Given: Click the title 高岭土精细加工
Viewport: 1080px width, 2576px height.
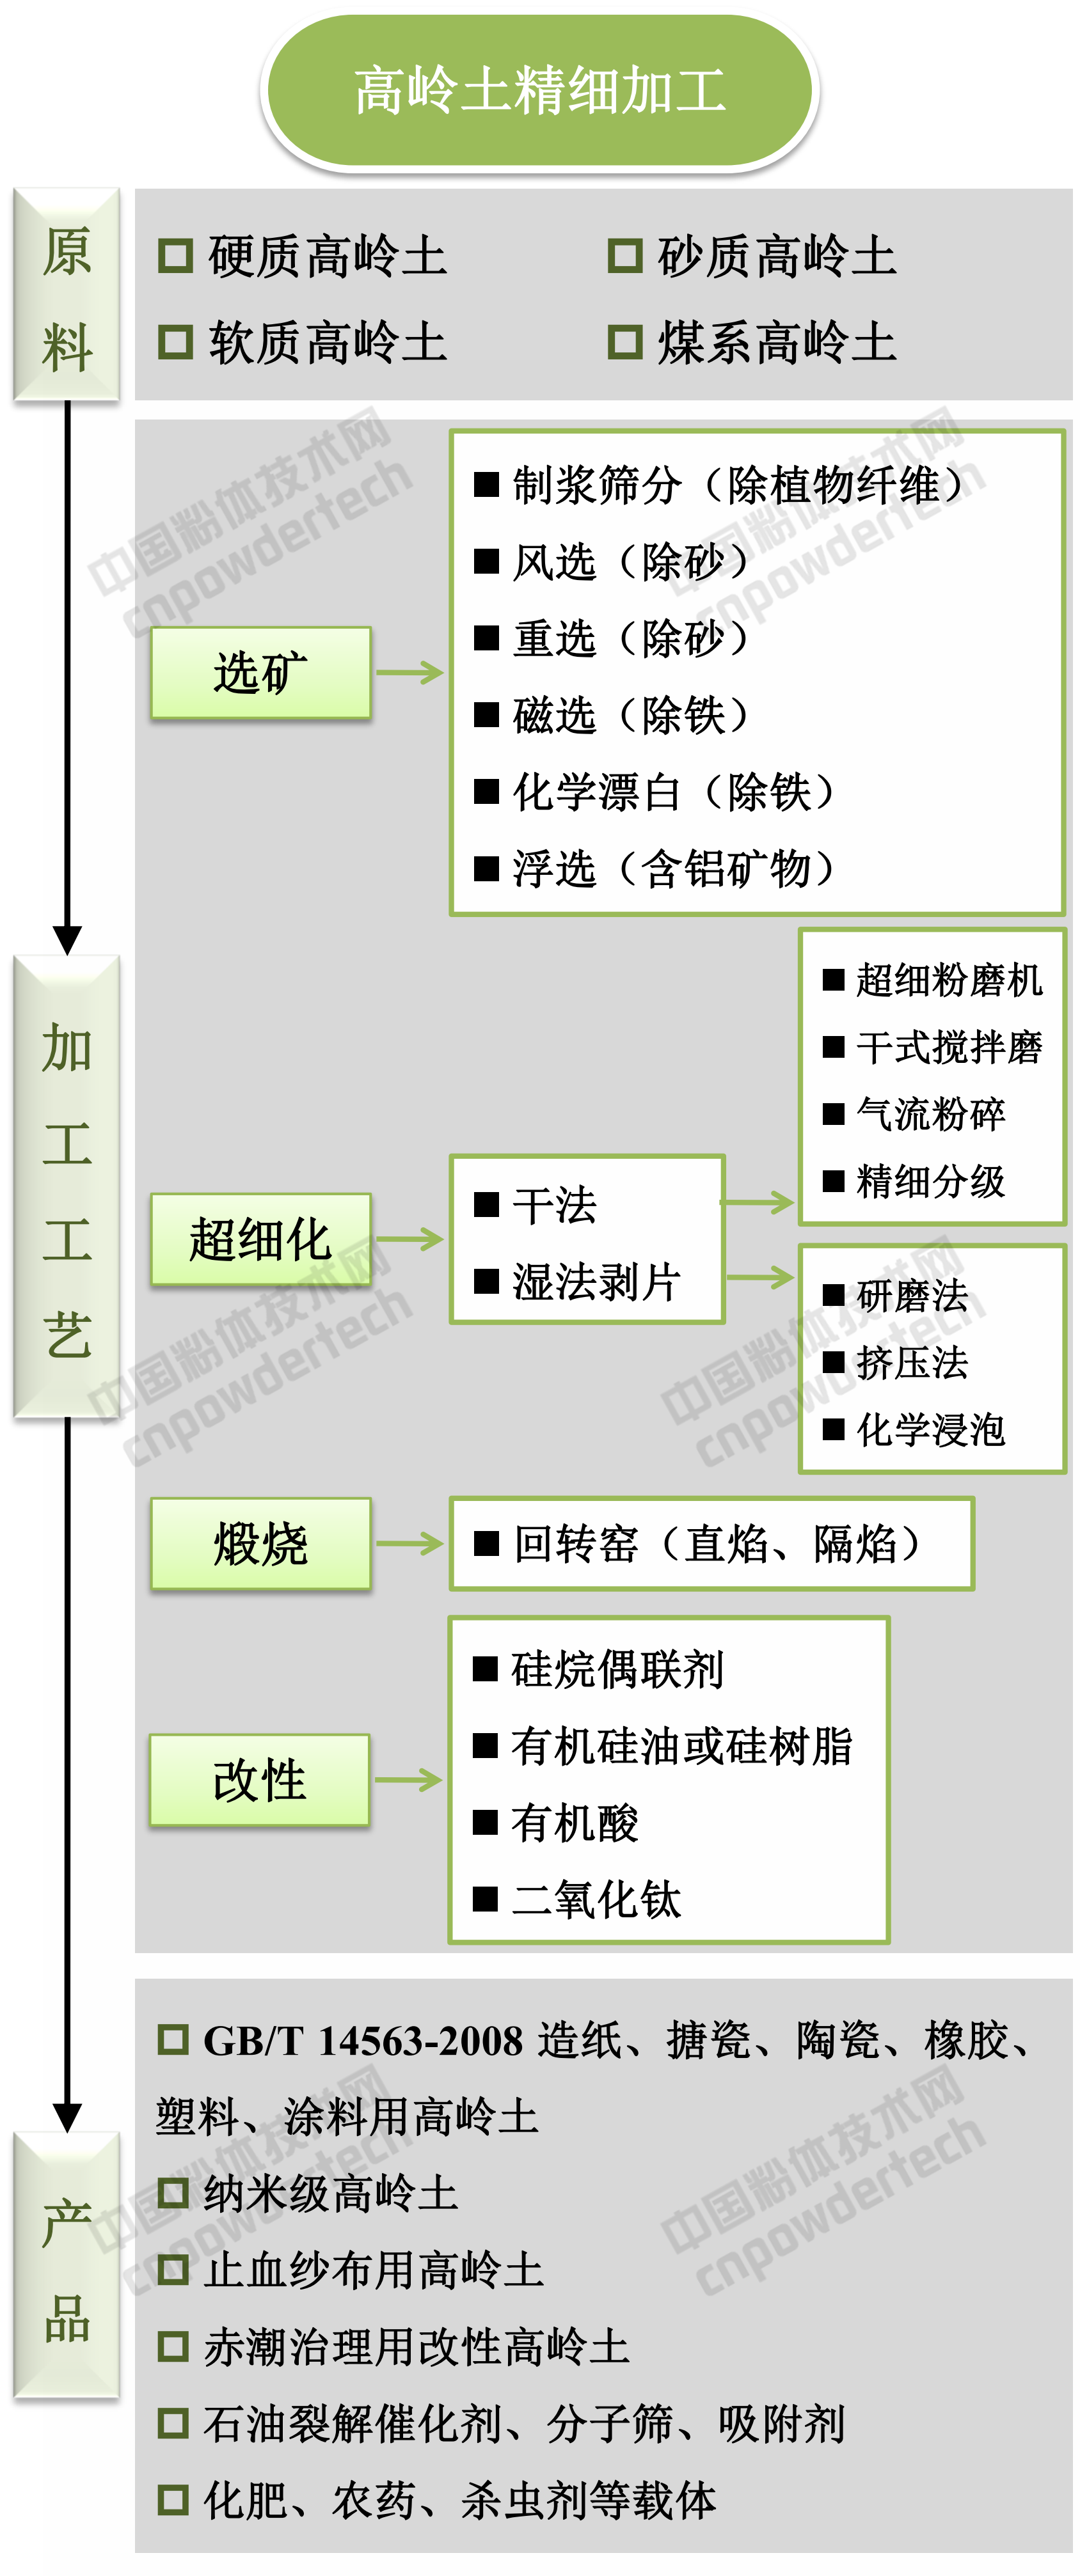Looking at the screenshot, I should (x=540, y=90).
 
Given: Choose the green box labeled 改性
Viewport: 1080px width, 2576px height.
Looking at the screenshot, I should (x=260, y=1780).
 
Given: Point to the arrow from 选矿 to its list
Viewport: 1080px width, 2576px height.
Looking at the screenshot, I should (x=410, y=672).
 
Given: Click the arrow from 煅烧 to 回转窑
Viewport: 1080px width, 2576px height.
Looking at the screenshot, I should (x=410, y=1543).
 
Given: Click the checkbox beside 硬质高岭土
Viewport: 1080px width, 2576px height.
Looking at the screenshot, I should (x=175, y=256).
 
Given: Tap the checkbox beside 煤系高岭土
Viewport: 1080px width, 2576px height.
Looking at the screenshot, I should (x=625, y=342).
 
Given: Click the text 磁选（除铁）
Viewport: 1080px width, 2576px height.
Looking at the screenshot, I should (x=630, y=715).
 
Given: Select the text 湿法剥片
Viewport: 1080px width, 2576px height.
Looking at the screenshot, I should (x=597, y=1281).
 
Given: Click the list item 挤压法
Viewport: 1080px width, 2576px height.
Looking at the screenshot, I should (x=912, y=1363).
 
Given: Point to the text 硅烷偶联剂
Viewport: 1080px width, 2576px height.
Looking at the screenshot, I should (x=617, y=1669).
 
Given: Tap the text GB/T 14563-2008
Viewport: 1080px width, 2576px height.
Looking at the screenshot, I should (x=362, y=2041).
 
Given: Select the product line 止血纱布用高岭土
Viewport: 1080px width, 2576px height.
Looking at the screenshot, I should (x=373, y=2270).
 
